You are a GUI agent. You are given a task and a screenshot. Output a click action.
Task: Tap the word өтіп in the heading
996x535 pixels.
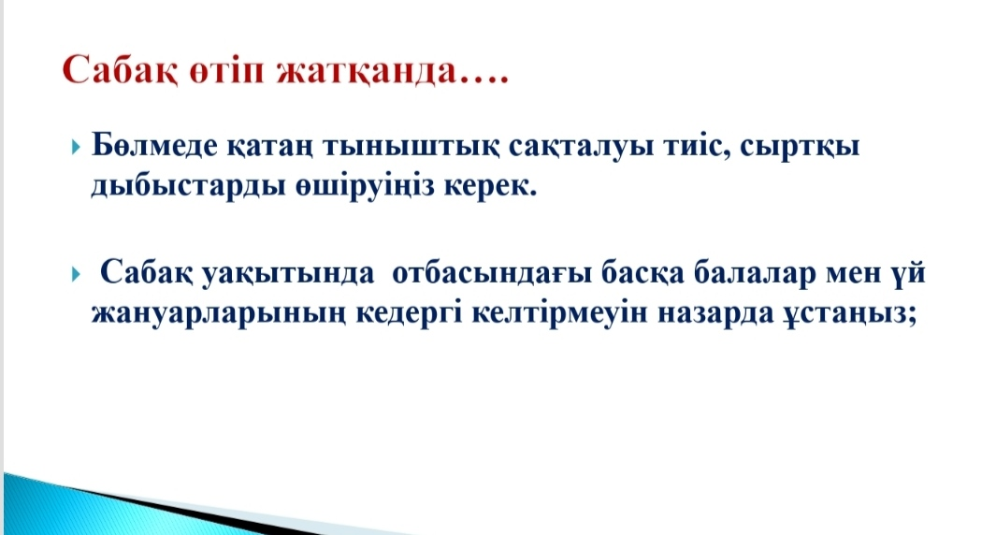(x=226, y=71)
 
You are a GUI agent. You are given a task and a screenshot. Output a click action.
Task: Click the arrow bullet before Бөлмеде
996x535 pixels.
(x=77, y=148)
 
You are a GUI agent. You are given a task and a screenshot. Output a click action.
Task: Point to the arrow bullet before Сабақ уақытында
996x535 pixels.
(x=77, y=274)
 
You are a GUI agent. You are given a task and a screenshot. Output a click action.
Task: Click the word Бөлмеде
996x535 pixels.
(x=155, y=146)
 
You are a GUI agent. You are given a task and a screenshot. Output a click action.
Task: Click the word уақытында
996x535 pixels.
(x=288, y=274)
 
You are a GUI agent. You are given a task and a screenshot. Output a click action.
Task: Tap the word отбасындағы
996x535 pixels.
(x=492, y=274)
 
